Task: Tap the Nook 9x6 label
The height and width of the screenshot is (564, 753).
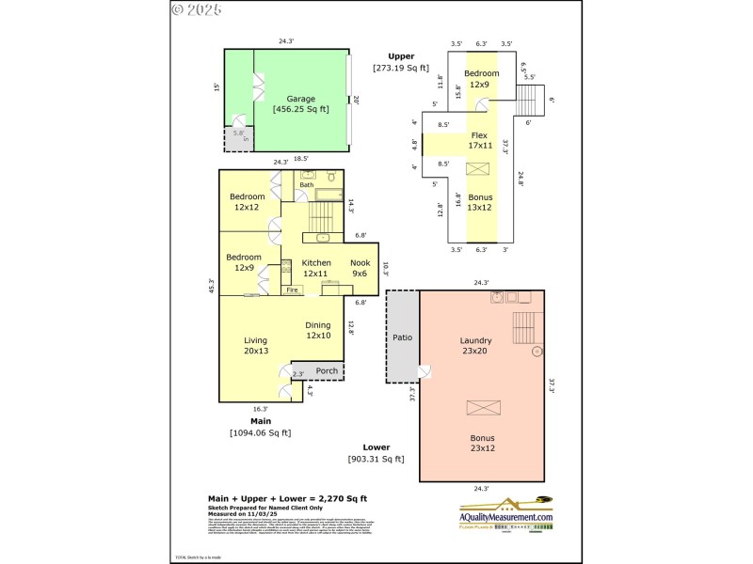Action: pyautogui.click(x=360, y=268)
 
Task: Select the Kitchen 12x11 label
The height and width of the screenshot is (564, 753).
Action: pyautogui.click(x=316, y=268)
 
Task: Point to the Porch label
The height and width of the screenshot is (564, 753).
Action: pyautogui.click(x=327, y=370)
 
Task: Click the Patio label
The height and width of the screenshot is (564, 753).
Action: pyautogui.click(x=402, y=337)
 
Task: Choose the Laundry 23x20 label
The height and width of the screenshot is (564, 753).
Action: pyautogui.click(x=476, y=346)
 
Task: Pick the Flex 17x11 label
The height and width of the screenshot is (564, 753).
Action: pyautogui.click(x=481, y=140)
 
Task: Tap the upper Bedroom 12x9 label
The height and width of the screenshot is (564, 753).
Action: pyautogui.click(x=481, y=78)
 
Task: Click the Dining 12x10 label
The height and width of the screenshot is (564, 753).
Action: pyautogui.click(x=317, y=330)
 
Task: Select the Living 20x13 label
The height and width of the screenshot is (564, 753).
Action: pyautogui.click(x=256, y=346)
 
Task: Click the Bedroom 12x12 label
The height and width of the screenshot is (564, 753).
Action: pyautogui.click(x=248, y=201)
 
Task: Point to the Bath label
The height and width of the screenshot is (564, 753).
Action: pyautogui.click(x=307, y=185)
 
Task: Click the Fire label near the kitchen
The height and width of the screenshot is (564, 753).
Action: pyautogui.click(x=293, y=290)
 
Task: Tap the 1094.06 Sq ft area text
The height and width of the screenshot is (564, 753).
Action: pyautogui.click(x=261, y=433)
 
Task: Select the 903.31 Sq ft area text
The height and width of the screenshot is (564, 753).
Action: pyautogui.click(x=376, y=459)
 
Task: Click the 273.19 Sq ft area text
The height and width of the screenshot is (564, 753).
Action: pyautogui.click(x=401, y=68)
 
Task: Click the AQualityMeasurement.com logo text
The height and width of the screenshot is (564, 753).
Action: pyautogui.click(x=506, y=517)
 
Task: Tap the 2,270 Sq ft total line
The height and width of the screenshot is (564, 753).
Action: pyautogui.click(x=287, y=497)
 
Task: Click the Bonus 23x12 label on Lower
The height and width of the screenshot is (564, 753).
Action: pyautogui.click(x=481, y=444)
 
